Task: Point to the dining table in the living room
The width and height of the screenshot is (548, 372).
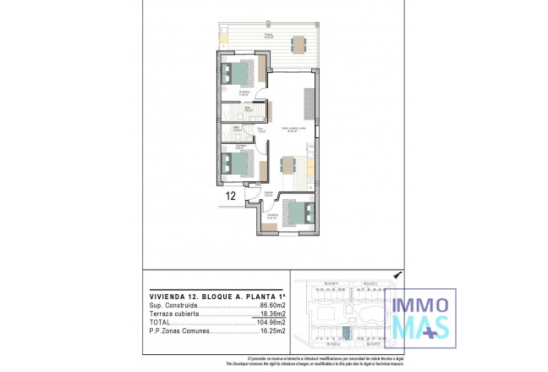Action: (288, 164)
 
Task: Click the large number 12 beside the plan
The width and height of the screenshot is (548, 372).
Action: (231, 196)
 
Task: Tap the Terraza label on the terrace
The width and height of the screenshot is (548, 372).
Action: (267, 35)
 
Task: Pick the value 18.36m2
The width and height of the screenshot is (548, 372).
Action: (269, 313)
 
